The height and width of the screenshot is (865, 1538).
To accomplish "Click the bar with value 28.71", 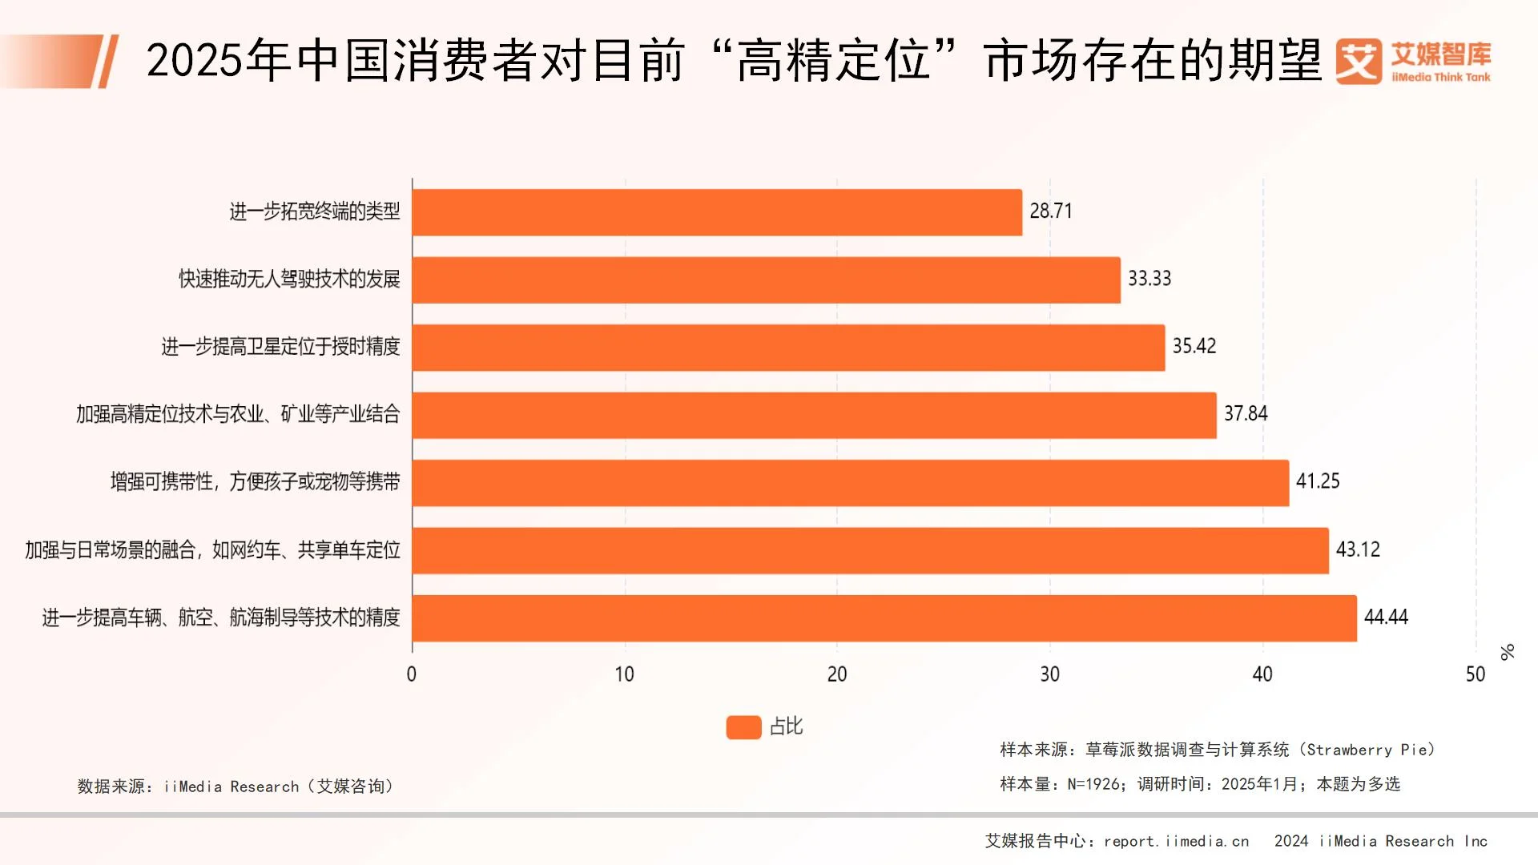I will coord(717,212).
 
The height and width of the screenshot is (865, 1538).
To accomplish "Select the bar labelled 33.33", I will coord(766,280).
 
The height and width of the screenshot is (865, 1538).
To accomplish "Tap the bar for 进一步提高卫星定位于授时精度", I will coord(788,348).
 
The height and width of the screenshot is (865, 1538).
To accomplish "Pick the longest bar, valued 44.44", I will coord(884,618).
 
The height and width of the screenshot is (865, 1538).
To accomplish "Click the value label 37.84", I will coord(1246,414).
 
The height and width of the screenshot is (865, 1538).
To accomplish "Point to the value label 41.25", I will coord(1318,481).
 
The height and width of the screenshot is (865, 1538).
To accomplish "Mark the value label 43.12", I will coord(1358,549).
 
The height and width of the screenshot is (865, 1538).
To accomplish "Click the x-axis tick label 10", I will coord(624,674).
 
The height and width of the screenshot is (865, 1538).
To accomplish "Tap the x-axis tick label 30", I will coord(1049,674).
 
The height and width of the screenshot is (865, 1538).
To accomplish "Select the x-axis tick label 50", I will coord(1475,674).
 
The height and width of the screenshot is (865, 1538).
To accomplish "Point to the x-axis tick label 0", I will coord(412,674).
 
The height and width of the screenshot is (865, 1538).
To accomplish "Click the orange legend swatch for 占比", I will coord(743,727).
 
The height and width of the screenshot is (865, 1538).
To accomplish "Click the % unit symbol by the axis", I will coord(1508,652).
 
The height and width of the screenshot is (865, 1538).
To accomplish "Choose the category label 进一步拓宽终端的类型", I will coord(315,211).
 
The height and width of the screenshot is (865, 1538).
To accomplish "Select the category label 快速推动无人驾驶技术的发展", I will coord(289,280).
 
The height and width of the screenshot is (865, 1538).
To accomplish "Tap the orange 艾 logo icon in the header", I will coord(1359,62).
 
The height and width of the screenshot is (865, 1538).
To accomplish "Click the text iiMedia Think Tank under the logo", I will coord(1441,78).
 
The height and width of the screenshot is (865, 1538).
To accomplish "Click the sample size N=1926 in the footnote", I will coord(1094,784).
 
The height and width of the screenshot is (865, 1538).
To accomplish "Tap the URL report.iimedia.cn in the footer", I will coord(1176,841).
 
